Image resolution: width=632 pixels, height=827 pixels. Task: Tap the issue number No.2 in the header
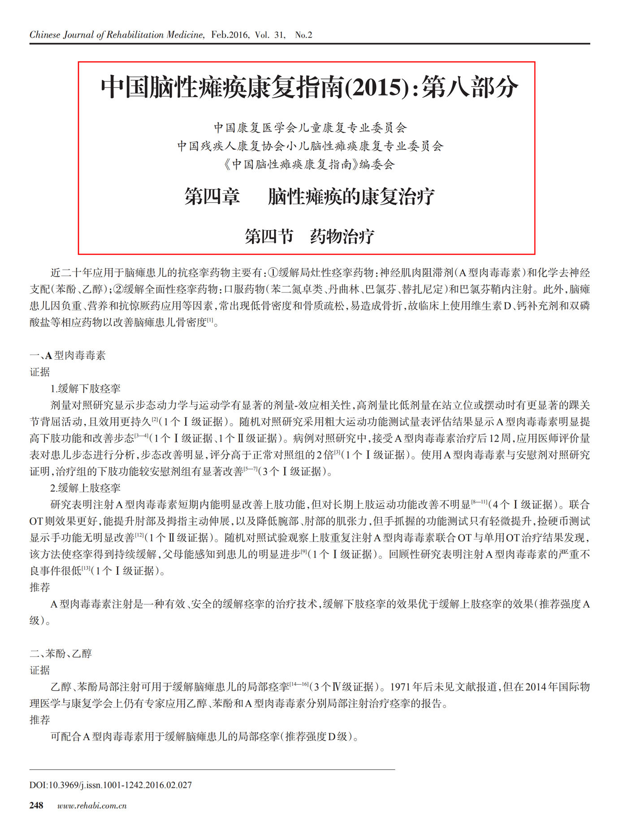pos(303,35)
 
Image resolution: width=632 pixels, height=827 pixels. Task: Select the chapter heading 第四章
pos(212,197)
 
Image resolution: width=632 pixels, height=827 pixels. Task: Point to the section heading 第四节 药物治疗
pos(309,236)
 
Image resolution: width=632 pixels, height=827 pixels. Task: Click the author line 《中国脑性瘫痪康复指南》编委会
pos(309,165)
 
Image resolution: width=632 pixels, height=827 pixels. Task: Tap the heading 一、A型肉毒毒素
pos(68,355)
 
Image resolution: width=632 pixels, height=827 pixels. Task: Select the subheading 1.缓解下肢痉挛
pos(85,389)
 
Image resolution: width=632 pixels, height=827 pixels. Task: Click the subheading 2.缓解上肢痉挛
pos(85,488)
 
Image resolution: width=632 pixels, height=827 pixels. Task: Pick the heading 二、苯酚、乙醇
pos(61,654)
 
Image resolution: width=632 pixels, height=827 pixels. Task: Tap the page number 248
pos(36,806)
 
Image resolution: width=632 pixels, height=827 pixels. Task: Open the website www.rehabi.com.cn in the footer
pos(92,806)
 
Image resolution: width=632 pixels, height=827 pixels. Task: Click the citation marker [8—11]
pos(479,502)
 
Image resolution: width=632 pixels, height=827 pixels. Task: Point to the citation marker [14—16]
pos(299,684)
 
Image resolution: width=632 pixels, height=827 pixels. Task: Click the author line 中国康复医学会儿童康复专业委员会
pos(310,128)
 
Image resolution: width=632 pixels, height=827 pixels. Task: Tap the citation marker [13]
pos(85,569)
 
